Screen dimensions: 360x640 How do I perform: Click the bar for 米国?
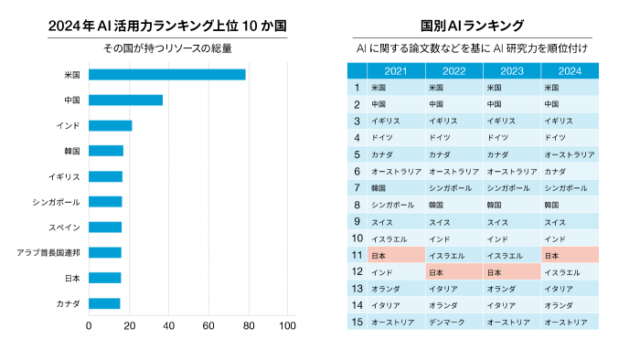point(167,75)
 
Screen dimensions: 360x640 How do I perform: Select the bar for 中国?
point(126,100)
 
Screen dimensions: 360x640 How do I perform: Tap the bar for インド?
point(111,125)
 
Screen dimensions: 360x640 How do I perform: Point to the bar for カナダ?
point(104,303)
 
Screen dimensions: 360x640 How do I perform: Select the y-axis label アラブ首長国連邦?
point(49,252)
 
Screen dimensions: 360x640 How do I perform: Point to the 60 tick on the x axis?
point(208,325)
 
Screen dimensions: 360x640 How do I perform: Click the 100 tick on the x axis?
point(287,325)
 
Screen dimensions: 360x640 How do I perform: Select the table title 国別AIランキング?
point(473,26)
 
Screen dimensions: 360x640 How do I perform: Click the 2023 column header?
point(511,70)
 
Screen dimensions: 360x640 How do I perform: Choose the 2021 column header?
point(395,70)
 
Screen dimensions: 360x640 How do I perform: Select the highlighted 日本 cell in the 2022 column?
point(453,271)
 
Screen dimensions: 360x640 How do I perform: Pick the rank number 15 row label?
point(357,322)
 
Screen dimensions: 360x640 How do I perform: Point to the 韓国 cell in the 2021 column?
point(395,187)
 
